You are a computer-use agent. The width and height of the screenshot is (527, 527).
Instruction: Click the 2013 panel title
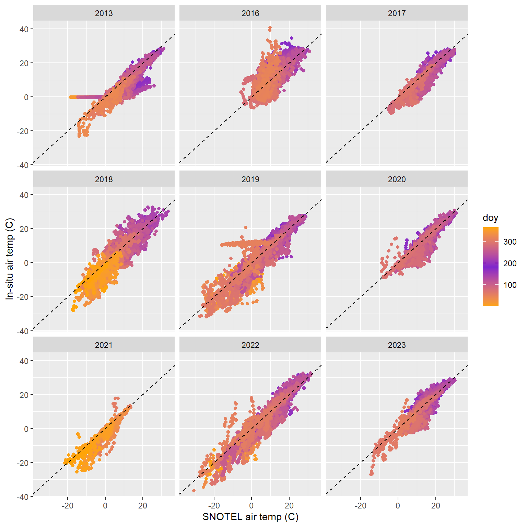(104, 13)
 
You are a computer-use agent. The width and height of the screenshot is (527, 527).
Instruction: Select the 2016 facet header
(250, 13)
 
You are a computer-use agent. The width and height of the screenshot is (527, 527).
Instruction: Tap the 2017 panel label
(397, 13)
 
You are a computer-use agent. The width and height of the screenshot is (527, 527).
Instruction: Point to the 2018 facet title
(104, 179)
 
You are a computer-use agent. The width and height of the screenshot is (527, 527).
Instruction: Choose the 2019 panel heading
(250, 179)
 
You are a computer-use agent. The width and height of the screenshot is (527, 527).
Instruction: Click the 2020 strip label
(397, 179)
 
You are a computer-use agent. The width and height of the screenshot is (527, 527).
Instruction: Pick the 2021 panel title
(104, 345)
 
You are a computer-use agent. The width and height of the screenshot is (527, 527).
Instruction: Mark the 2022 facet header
(250, 345)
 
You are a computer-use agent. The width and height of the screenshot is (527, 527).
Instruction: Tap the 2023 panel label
(397, 345)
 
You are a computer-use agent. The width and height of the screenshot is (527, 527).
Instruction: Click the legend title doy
(490, 218)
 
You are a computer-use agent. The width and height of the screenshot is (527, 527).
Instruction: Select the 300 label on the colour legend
(510, 242)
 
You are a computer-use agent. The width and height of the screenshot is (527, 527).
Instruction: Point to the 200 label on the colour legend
(510, 263)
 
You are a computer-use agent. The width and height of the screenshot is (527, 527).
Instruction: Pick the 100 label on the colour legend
(510, 285)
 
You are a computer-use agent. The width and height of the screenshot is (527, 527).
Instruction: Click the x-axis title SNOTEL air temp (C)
(250, 517)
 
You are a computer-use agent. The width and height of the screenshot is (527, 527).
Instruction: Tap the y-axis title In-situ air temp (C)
(10, 259)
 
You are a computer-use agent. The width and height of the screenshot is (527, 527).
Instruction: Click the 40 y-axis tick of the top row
(24, 29)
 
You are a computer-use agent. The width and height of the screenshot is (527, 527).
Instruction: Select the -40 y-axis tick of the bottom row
(23, 497)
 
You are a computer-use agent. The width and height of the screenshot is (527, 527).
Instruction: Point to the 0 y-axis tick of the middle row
(26, 263)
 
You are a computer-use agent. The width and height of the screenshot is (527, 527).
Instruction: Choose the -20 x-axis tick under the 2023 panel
(360, 505)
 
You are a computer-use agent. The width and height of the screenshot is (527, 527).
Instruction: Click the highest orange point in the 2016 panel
(270, 28)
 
